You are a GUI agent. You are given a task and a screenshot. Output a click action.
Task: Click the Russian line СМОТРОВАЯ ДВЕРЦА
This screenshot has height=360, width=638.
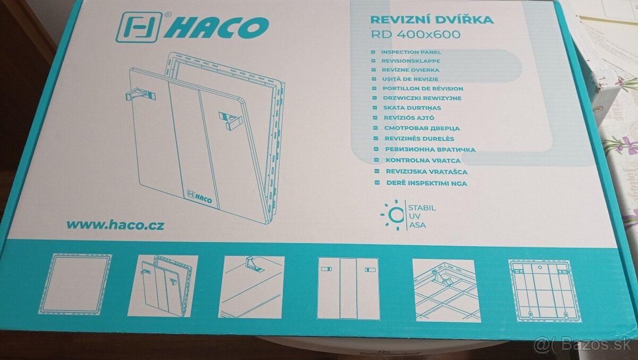pos(422,128)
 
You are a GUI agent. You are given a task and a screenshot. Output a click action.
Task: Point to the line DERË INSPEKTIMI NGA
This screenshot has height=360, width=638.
pos(426,183)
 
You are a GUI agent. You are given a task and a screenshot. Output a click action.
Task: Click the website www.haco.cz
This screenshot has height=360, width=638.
pos(115,224)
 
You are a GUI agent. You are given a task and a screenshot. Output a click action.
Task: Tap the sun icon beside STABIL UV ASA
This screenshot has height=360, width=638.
pos(392,215)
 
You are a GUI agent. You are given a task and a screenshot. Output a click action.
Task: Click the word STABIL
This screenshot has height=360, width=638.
pos(422,207)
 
